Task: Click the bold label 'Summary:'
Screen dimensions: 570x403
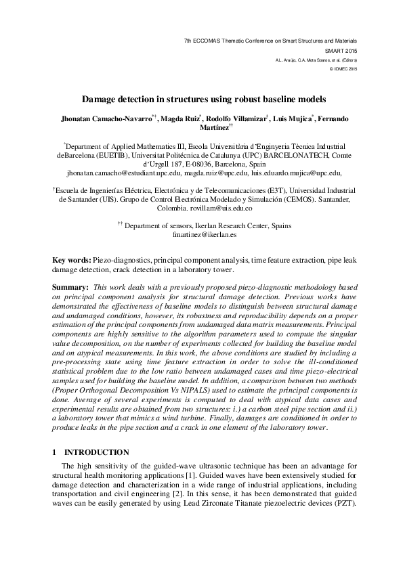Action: (70, 288)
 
